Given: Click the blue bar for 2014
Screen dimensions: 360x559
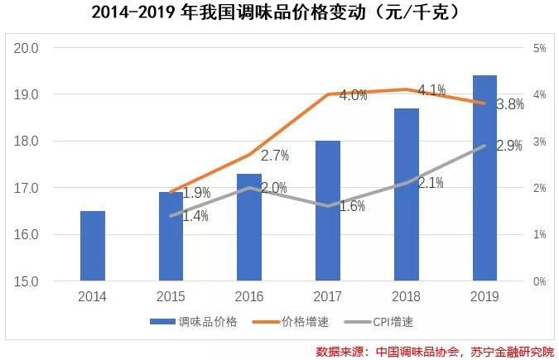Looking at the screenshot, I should [x=93, y=246].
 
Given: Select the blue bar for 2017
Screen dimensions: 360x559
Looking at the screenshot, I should [x=328, y=211].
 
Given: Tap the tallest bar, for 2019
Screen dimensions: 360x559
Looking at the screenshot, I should [x=484, y=178].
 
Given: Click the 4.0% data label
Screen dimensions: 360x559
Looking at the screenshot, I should [x=354, y=95].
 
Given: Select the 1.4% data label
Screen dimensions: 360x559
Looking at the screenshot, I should [x=195, y=217].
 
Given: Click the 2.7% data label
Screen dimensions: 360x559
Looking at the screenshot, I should [x=274, y=155].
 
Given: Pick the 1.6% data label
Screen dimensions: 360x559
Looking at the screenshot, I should [x=352, y=206].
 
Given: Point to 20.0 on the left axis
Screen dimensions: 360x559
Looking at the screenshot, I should [x=27, y=48].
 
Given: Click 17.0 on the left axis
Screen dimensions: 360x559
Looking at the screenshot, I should [x=27, y=188].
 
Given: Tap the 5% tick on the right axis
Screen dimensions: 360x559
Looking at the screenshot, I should [x=539, y=48].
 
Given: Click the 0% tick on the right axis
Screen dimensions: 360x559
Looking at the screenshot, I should [x=539, y=281].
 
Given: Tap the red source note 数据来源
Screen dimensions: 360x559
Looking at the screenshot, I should [x=436, y=351].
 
